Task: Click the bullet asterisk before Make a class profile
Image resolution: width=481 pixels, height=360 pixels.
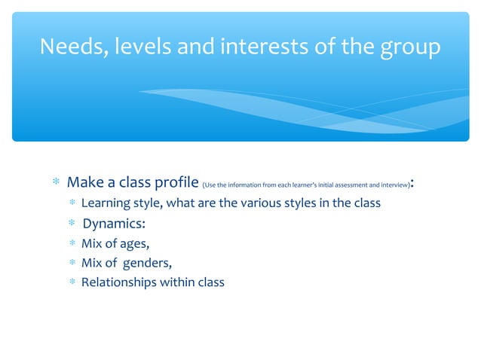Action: (x=56, y=183)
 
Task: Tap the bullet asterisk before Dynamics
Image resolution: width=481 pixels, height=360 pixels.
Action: (x=71, y=224)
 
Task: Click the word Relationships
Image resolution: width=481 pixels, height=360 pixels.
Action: (x=117, y=283)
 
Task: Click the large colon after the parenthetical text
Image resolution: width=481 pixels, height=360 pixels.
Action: (x=415, y=184)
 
